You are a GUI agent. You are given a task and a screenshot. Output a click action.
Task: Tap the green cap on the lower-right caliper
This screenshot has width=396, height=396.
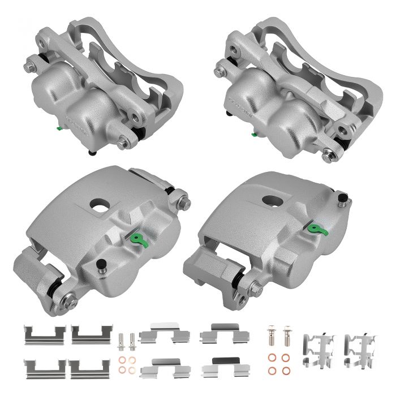(313, 229)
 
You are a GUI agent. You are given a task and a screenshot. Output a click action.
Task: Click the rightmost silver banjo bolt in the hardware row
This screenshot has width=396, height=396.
(287, 334)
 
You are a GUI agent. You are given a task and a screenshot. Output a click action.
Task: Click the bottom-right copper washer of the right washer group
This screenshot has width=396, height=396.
(287, 370)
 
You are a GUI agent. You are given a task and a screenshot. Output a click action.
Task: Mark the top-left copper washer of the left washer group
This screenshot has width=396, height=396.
(122, 360)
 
